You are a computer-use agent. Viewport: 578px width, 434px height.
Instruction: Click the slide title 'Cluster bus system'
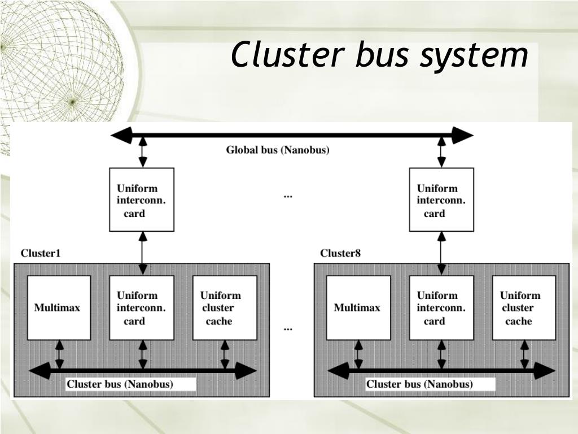pos(380,55)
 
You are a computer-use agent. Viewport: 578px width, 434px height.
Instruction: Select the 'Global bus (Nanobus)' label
pos(278,150)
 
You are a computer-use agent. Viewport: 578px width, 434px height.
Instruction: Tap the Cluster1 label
pos(40,253)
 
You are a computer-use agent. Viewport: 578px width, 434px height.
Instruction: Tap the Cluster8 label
pos(340,253)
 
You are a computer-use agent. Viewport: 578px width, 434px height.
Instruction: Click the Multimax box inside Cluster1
pos(59,308)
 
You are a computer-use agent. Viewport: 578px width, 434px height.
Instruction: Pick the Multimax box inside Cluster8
pos(358,308)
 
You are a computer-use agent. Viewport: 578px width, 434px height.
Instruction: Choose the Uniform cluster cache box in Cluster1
pos(225,308)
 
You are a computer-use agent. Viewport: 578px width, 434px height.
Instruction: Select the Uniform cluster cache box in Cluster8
pos(524,308)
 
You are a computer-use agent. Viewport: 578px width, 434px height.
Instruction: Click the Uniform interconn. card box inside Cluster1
pos(142,308)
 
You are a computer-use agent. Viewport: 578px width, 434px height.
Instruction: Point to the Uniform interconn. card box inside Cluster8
pos(441,308)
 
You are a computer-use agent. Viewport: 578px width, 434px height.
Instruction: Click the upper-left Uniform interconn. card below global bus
pos(142,199)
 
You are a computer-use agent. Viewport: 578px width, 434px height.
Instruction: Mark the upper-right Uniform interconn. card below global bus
pos(441,199)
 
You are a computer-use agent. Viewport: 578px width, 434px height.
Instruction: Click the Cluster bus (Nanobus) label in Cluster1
pos(120,384)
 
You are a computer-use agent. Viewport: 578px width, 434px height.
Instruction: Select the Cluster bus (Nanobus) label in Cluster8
pos(419,384)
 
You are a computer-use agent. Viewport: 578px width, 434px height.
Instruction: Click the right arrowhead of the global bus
pos(463,136)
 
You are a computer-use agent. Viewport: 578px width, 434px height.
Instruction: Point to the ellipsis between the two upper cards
pos(288,197)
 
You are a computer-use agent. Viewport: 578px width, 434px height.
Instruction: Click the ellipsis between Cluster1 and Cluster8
pos(288,329)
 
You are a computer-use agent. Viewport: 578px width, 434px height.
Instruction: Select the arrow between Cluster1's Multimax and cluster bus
pos(59,355)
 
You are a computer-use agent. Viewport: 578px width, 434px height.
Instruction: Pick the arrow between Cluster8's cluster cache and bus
pos(524,355)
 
